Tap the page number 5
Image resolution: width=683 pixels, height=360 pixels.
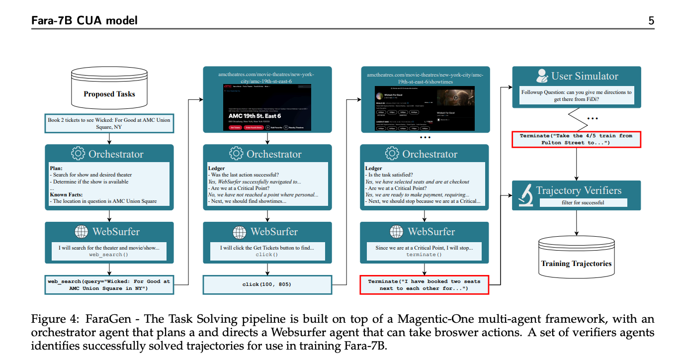[x=651, y=20]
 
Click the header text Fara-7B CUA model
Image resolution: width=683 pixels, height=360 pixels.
[x=85, y=20]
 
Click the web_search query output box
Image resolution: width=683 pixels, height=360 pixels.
[x=109, y=285]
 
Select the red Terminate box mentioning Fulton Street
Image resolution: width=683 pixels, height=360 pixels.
[x=576, y=139]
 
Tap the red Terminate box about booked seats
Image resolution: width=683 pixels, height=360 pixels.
[x=424, y=285]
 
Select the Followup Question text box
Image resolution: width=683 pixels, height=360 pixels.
[x=576, y=95]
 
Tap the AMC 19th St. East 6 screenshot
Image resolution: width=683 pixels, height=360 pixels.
[x=267, y=107]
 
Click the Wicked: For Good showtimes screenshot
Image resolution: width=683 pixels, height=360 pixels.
[x=424, y=108]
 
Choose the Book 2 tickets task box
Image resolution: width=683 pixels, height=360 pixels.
[x=109, y=124]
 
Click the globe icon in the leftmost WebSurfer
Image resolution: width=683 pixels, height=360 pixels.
[x=81, y=232]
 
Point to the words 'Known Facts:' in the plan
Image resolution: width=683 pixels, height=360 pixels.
[x=66, y=194]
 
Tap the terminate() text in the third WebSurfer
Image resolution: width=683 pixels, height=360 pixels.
[x=424, y=255]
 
